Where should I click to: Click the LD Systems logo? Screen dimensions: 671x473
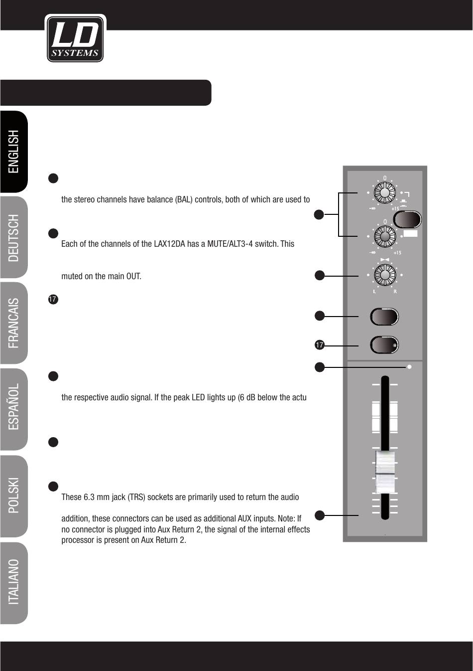click(75, 39)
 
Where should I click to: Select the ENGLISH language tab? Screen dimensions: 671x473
click(14, 152)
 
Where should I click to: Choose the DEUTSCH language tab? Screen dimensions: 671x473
click(14, 238)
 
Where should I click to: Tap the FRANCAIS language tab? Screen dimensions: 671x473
click(14, 323)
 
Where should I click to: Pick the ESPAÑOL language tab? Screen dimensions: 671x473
click(14, 407)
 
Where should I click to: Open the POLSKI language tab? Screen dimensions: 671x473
click(14, 496)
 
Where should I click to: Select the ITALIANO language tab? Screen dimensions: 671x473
click(14, 582)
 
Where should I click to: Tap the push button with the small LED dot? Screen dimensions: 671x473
click(384, 345)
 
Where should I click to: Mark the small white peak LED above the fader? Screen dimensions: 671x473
click(409, 367)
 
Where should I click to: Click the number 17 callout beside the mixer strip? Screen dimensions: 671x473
click(320, 345)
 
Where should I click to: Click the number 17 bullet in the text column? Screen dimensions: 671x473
click(53, 299)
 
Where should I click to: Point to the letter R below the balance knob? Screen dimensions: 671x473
click(395, 292)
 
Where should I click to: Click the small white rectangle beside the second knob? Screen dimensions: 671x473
click(411, 234)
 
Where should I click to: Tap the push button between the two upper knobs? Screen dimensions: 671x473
click(407, 219)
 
